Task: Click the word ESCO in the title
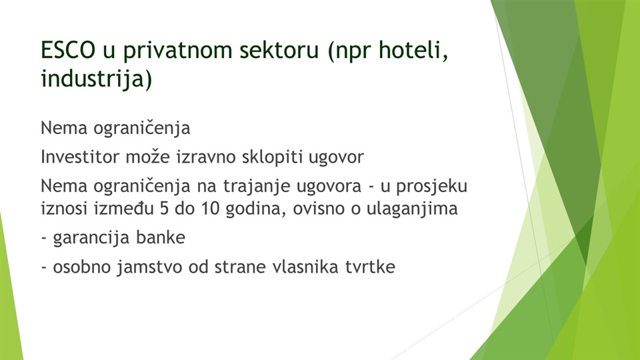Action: (68, 50)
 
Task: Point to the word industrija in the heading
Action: (93, 79)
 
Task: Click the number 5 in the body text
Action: (164, 209)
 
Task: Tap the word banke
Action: (161, 237)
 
